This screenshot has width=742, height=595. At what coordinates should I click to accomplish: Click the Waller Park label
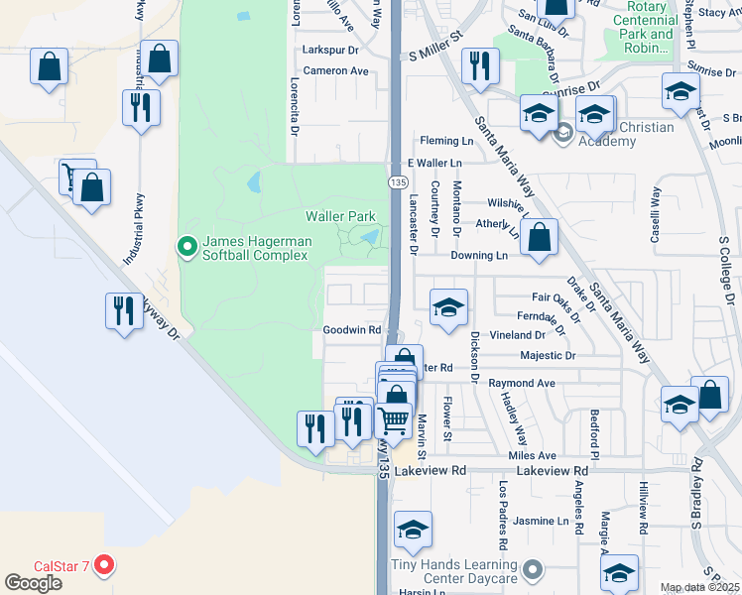coord(340,215)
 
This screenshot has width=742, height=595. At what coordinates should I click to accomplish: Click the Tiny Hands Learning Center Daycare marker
coord(534,570)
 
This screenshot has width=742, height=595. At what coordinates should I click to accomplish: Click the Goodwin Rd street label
coord(352,330)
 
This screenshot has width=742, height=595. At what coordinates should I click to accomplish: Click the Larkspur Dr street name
coord(330,49)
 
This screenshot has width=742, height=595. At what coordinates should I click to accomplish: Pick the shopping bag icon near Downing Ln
coord(539,239)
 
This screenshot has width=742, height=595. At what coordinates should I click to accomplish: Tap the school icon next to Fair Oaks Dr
coord(448,308)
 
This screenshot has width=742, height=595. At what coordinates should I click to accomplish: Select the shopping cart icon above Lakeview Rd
coord(394,421)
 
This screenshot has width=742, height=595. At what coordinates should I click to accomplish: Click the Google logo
coord(34,583)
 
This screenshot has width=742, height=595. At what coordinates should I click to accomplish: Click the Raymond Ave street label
coord(522,383)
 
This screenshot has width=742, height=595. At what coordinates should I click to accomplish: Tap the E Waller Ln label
coord(434,163)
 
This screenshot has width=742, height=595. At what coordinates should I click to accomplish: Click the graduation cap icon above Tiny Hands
coord(414,532)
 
